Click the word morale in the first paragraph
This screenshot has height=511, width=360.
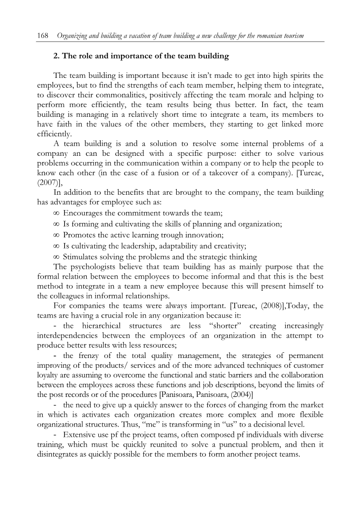click(255, 95)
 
